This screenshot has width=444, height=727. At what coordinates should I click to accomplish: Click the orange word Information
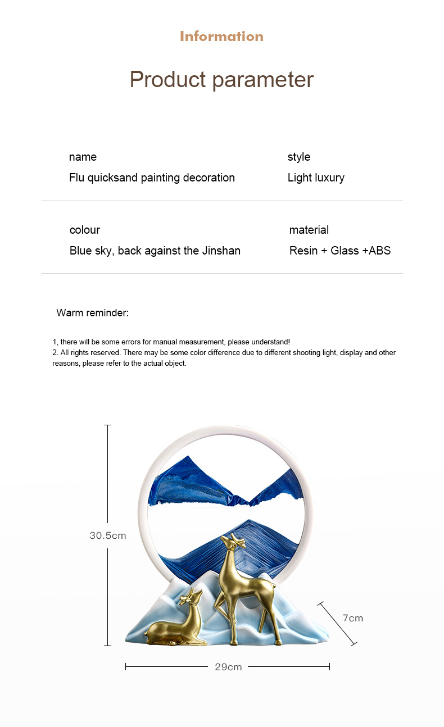pos(221,37)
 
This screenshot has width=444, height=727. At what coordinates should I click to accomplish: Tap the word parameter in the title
pos(262,80)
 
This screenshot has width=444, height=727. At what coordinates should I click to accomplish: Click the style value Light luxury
pos(316,178)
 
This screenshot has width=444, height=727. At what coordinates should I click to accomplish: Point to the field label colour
pos(85,230)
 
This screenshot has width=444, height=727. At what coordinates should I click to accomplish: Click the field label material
pos(309,230)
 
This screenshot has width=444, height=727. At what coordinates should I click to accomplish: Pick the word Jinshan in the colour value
pos(221,251)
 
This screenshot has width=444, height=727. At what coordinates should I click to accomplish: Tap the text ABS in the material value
pos(379,251)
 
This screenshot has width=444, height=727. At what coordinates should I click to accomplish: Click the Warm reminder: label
pos(93,313)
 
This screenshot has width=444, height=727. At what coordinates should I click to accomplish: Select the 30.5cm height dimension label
pos(108,535)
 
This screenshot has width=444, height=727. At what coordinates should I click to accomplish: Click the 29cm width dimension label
pos(228,667)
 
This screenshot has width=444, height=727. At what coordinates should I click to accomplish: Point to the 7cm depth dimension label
pos(353,618)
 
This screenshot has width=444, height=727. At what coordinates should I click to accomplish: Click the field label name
pos(83,157)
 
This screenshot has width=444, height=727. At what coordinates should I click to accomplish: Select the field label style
pos(299,157)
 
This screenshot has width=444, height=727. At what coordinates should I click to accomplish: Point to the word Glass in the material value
pos(345,251)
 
